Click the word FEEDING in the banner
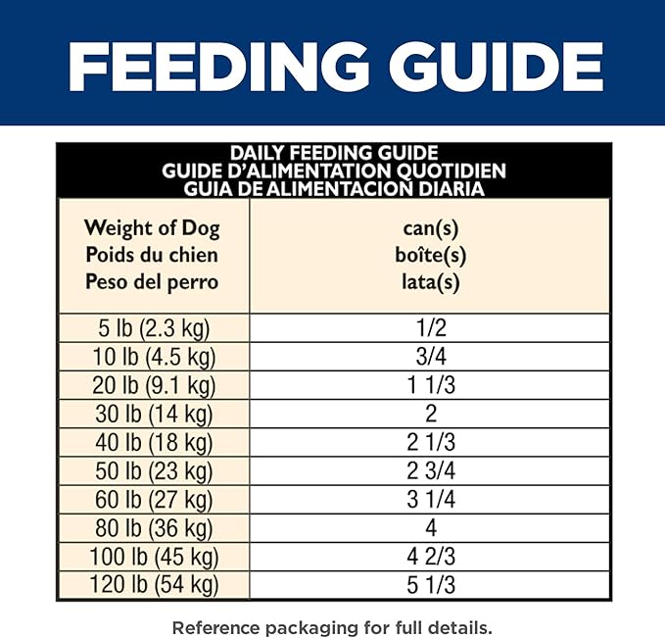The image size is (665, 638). click(x=217, y=66)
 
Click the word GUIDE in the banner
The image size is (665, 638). click(x=495, y=66)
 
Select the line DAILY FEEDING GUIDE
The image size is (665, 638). click(x=333, y=153)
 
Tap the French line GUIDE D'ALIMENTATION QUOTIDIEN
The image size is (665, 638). click(x=333, y=171)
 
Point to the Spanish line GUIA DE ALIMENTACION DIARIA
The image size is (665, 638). click(x=333, y=188)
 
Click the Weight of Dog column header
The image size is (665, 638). click(x=152, y=228)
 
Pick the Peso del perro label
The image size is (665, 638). click(x=152, y=282)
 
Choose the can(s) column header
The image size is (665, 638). click(x=431, y=228)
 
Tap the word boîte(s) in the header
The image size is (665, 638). click(x=431, y=256)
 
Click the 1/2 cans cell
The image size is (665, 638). click(x=431, y=328)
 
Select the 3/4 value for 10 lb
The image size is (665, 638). click(x=431, y=357)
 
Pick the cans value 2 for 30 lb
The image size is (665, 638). click(x=431, y=414)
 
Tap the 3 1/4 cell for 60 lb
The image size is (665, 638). click(x=431, y=500)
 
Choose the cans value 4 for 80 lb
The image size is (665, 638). click(x=431, y=528)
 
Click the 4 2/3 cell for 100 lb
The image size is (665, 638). click(x=431, y=558)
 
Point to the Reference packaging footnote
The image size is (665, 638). click(x=332, y=626)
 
